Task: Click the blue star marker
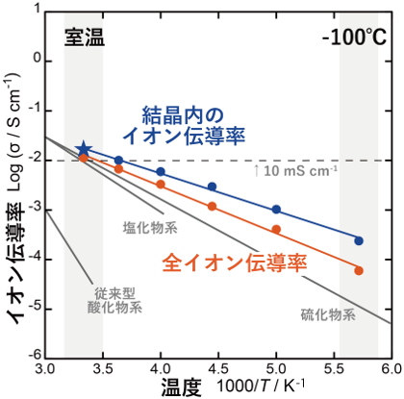[x=84, y=149]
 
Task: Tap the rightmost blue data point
[x=359, y=240]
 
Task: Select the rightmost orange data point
[x=359, y=271]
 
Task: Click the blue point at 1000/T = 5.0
[x=276, y=210]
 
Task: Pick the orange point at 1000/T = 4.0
[x=161, y=184]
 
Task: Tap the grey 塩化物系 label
[x=149, y=228]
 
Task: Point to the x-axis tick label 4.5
[x=218, y=369]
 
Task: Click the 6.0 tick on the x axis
[x=390, y=369]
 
